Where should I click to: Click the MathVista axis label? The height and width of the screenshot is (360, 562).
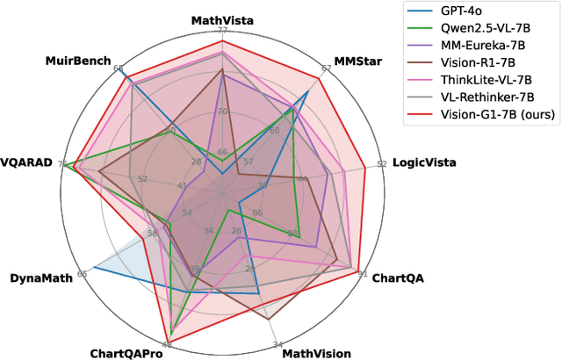point(222,19)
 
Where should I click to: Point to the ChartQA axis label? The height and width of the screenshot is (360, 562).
point(398,277)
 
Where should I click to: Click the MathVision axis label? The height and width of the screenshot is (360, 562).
point(316,354)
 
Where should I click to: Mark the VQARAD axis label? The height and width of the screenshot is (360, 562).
point(27,162)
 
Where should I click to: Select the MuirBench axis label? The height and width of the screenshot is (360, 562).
point(78,61)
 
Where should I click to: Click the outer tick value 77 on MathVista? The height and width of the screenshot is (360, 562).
point(222,31)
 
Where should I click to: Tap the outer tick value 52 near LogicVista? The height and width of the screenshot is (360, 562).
point(381,164)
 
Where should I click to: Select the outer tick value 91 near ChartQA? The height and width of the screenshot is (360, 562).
point(362,273)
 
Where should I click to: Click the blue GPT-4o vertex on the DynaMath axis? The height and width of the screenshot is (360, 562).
point(92,270)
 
